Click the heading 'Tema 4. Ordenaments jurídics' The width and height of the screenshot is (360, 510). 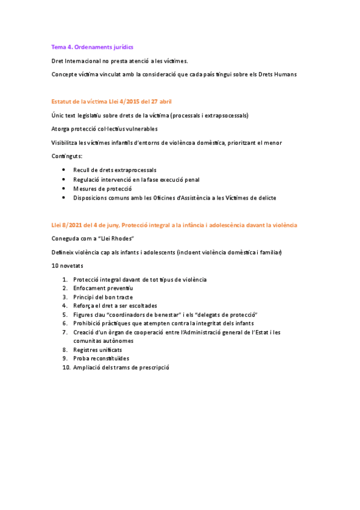click(92, 47)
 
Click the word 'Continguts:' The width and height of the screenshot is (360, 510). click(67, 156)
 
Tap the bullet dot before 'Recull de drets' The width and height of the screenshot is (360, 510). click(64, 170)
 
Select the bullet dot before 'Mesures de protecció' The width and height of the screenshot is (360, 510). click(64, 188)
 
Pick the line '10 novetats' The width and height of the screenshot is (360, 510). click(67, 265)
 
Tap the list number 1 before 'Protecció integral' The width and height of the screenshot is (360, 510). click(65, 279)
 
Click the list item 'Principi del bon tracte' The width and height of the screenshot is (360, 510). click(103, 297)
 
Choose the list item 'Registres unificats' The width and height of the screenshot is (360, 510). click(97, 349)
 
